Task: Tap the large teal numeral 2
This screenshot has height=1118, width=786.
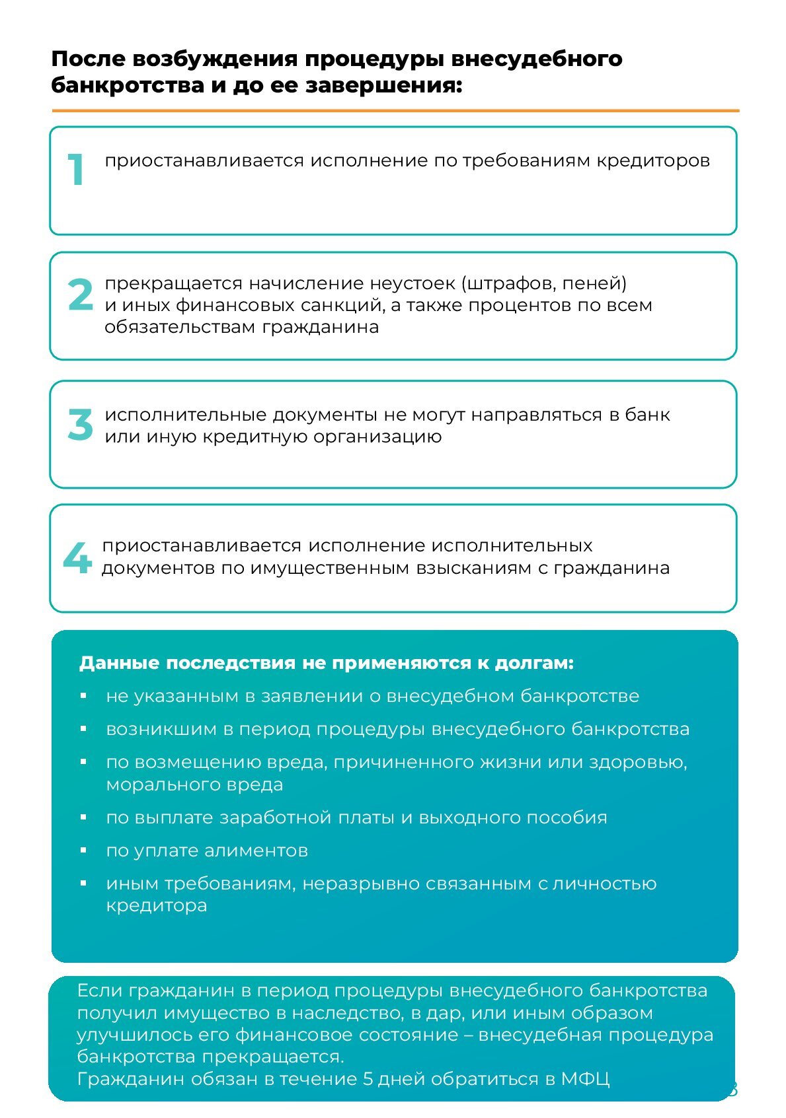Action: pyautogui.click(x=81, y=295)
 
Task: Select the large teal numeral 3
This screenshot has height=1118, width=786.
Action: pyautogui.click(x=81, y=425)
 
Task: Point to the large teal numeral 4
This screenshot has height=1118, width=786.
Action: pyautogui.click(x=77, y=558)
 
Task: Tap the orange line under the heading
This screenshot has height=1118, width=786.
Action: pyautogui.click(x=395, y=111)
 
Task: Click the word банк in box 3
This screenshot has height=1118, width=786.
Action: pyautogui.click(x=647, y=415)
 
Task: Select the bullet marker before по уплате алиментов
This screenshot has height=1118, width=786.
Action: pyautogui.click(x=83, y=850)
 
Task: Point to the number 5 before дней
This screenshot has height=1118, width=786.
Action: pyautogui.click(x=368, y=1079)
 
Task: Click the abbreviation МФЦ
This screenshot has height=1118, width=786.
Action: pyautogui.click(x=584, y=1079)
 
